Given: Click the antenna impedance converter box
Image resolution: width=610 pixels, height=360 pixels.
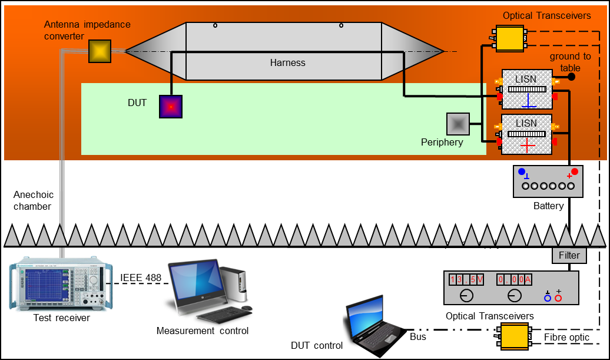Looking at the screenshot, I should click(100, 51).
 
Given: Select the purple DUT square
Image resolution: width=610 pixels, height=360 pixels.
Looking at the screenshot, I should click(171, 107).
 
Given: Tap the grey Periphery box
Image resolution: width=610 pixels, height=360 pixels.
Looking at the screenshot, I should click(458, 124).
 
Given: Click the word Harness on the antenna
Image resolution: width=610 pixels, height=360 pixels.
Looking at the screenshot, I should click(288, 62).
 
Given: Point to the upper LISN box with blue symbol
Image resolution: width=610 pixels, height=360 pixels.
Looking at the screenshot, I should click(527, 89).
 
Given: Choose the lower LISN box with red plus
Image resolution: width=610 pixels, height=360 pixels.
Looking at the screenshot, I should click(527, 134).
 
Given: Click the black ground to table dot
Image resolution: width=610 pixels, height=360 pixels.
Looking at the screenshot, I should click(571, 77).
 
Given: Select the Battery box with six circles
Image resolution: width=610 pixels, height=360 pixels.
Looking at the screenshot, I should click(548, 181).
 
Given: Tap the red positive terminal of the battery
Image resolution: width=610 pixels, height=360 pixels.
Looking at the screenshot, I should click(575, 172).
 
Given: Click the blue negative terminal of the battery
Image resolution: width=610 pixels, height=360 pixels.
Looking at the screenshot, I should click(522, 172).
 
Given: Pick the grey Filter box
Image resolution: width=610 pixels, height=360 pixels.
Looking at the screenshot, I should click(569, 256).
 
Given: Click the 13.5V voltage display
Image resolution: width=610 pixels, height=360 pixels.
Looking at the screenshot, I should click(466, 280).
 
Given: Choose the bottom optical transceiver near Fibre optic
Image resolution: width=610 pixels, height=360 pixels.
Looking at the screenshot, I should click(512, 335).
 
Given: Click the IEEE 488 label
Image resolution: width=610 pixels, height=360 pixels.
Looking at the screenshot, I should click(141, 278).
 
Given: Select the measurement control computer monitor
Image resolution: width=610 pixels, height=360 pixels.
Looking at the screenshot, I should click(194, 282).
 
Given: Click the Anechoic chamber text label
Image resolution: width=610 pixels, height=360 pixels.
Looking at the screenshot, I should click(34, 200).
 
